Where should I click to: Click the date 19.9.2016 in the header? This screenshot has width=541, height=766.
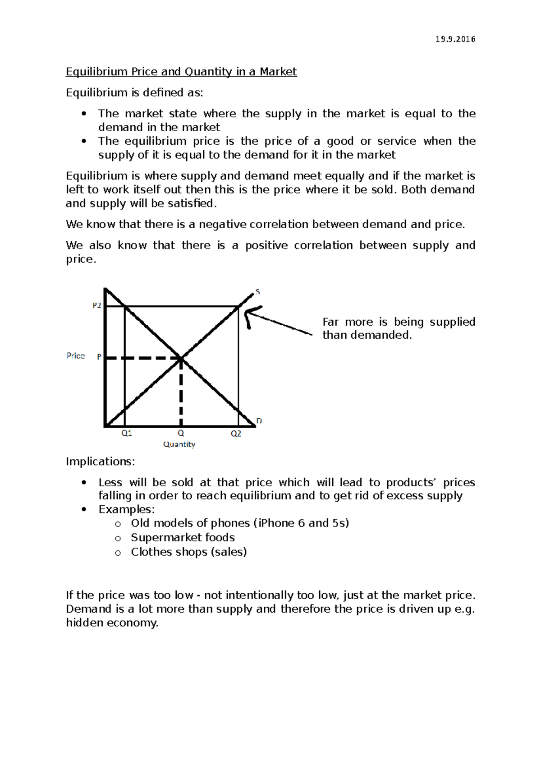point(455,39)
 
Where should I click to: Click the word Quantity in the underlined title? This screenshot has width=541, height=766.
point(208,72)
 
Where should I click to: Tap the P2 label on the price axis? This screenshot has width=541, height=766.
point(96,305)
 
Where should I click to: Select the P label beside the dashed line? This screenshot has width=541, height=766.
point(99,357)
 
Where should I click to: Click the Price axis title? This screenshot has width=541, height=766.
point(76,356)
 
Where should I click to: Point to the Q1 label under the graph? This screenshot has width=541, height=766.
point(127,433)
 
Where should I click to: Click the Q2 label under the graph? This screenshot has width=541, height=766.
point(236,434)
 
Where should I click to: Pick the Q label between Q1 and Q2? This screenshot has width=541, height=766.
point(181,433)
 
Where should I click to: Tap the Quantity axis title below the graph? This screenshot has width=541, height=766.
point(179,444)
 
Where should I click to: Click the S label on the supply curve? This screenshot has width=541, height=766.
point(258,292)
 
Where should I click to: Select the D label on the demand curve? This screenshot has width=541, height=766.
point(259,421)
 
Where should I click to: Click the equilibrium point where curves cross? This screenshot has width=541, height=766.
point(181,358)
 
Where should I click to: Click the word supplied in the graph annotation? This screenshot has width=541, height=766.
point(452,322)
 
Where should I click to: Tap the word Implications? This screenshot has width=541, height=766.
point(100,461)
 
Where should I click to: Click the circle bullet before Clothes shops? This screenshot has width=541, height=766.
point(118,553)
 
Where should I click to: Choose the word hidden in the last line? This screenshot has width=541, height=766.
point(84,623)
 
